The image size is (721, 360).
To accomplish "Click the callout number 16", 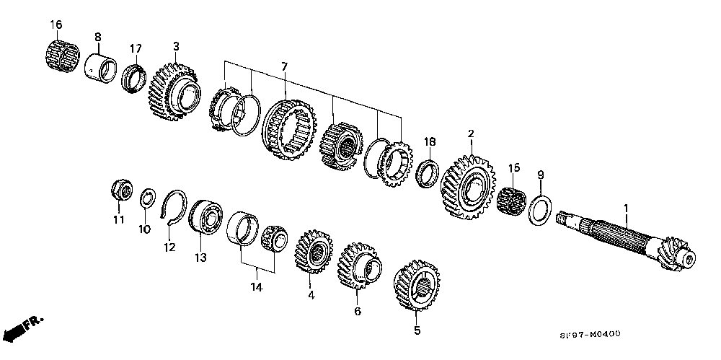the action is tap(56, 25).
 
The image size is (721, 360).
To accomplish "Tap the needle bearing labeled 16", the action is tap(63, 56).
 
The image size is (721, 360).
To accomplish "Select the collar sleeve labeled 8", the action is tap(101, 68).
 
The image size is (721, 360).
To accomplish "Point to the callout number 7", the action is tap(284, 67).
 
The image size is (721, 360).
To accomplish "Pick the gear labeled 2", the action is tap(468, 188).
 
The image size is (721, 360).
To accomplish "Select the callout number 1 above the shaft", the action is tap(625, 209).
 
